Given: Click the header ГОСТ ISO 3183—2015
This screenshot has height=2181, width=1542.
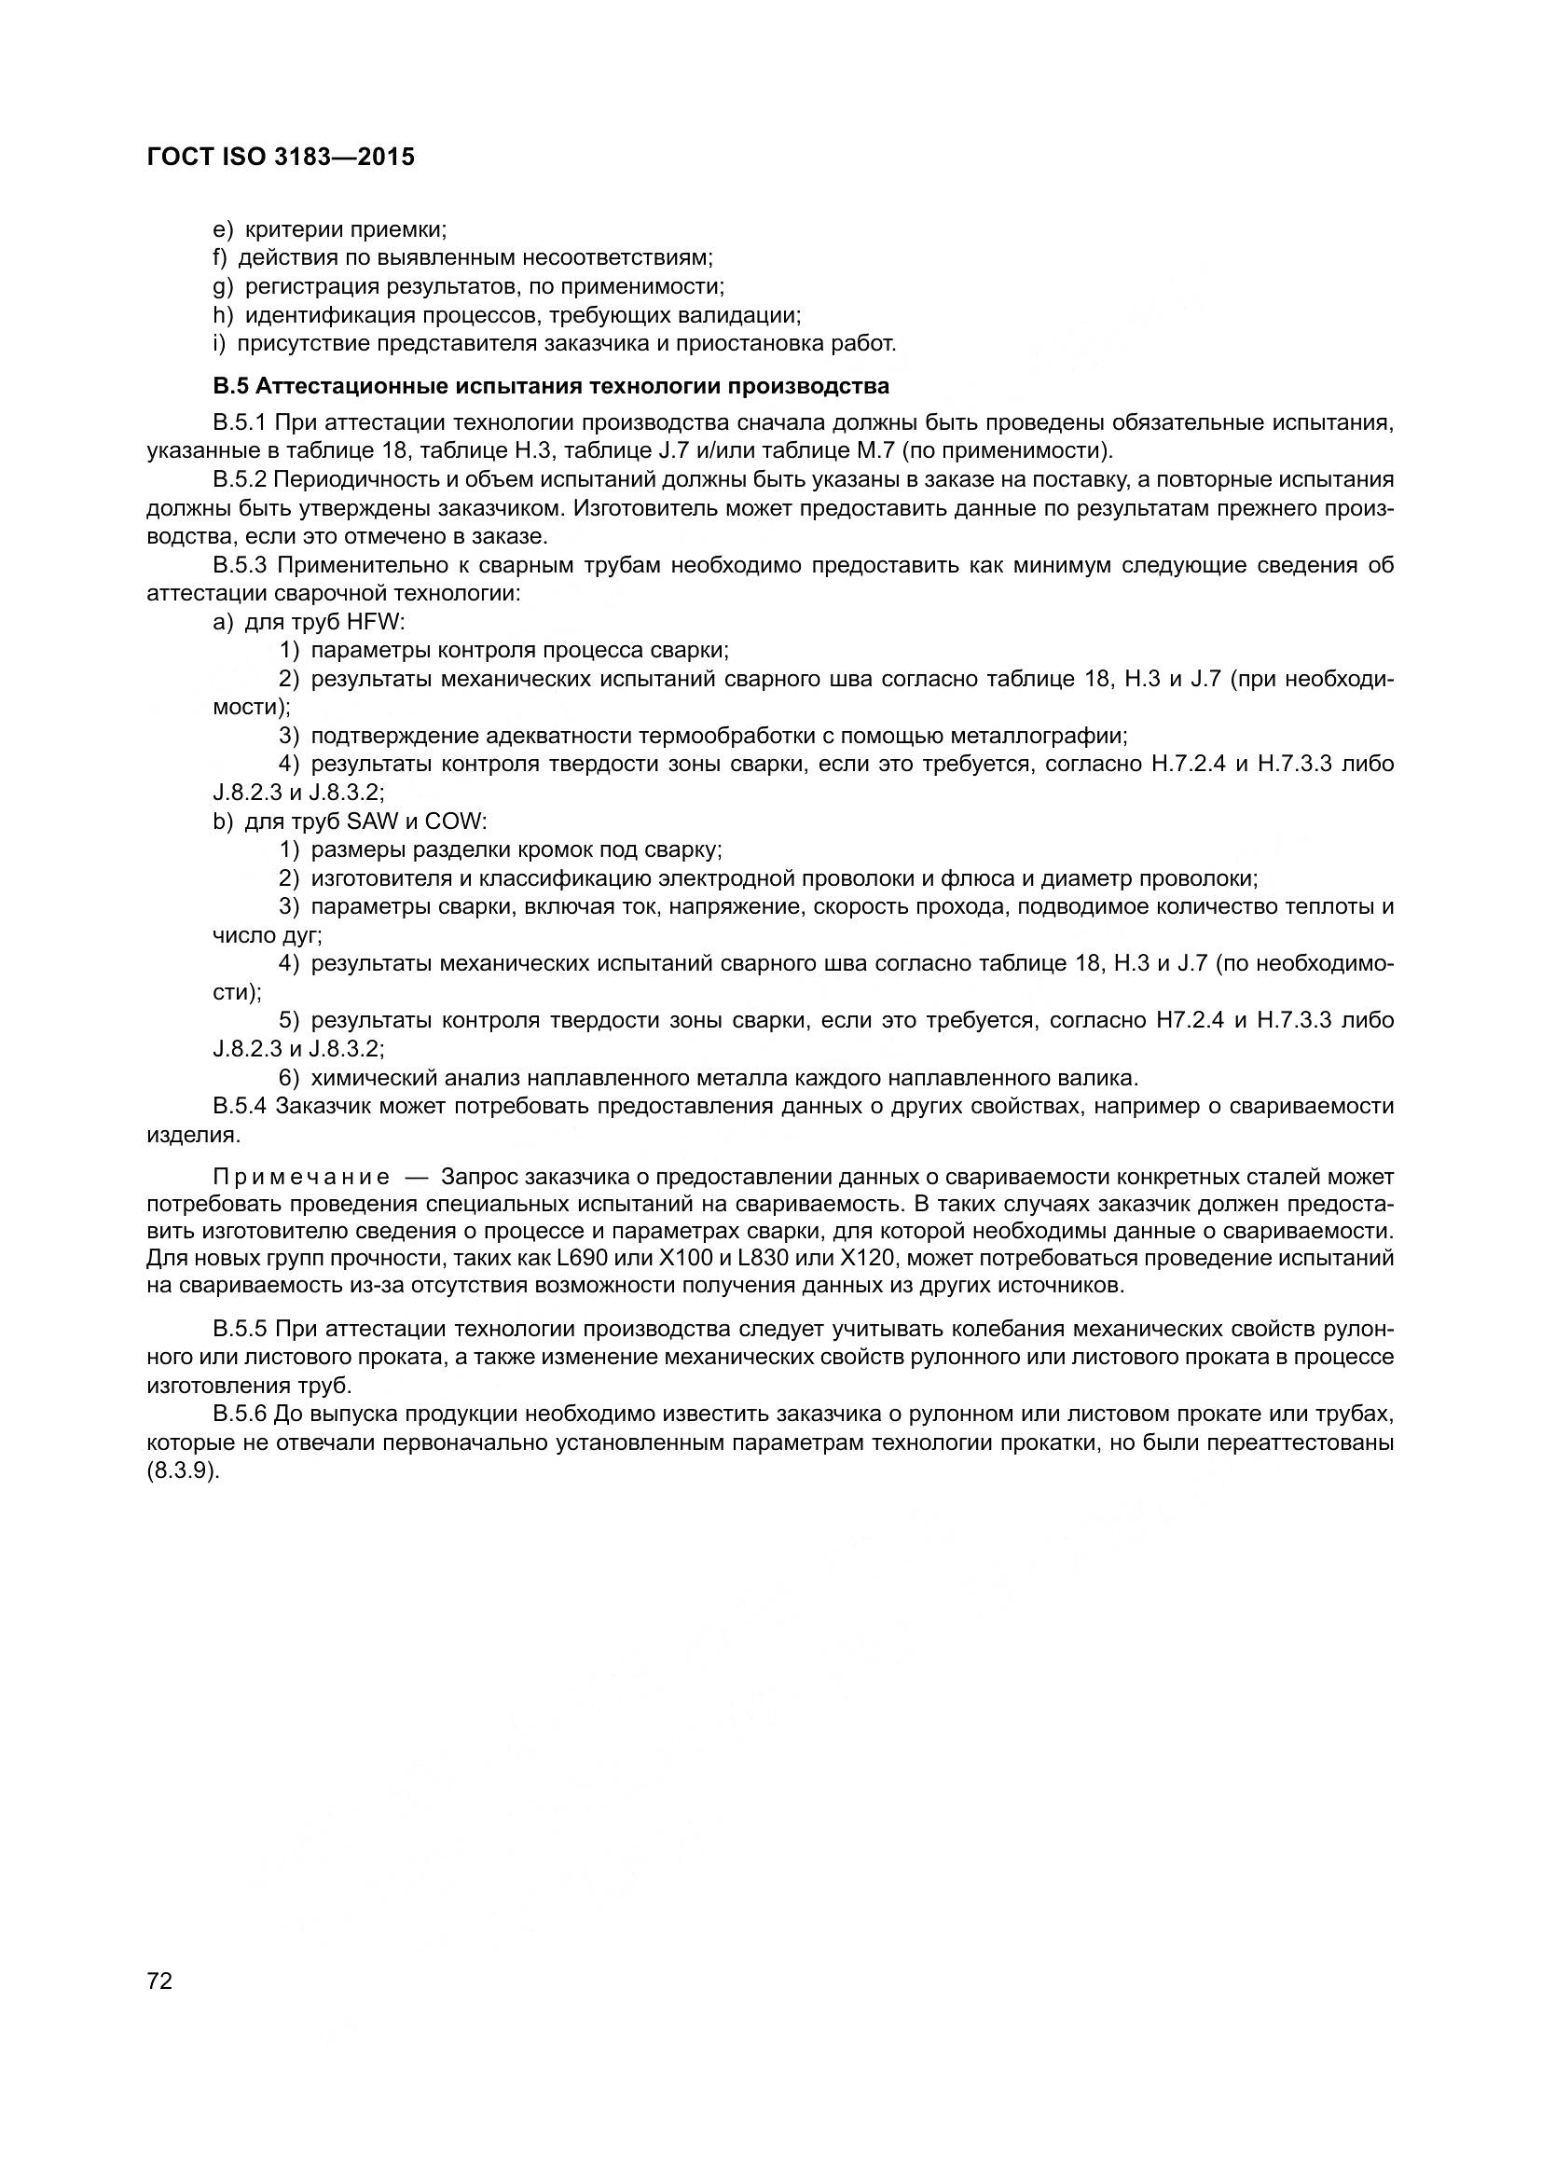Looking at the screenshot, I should click(x=281, y=158).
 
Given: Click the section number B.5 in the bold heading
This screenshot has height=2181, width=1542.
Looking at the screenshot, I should click(x=230, y=387).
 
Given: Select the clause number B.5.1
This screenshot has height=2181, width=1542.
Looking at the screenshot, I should click(x=241, y=422).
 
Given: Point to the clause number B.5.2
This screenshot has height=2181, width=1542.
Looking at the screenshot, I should click(x=241, y=479).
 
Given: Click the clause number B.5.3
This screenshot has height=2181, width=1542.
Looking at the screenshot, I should click(x=241, y=565).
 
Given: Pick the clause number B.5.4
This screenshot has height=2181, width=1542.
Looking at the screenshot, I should click(x=241, y=1106).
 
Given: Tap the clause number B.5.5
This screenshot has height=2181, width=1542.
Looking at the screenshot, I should click(x=241, y=1328).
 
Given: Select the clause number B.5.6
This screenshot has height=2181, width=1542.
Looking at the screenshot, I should click(x=241, y=1414).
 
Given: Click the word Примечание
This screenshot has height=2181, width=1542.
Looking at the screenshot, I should click(x=301, y=1178).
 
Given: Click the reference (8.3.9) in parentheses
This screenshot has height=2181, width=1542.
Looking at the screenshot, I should click(x=184, y=1470).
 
